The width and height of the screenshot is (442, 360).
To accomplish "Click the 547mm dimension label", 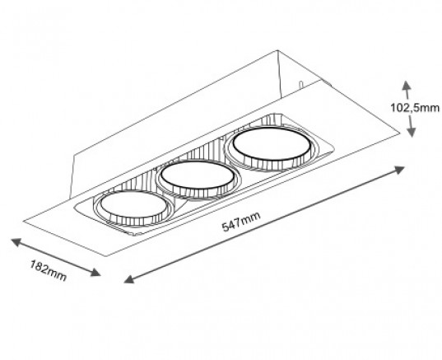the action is pos(241,222).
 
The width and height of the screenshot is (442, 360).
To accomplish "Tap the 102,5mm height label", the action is pos(415,108).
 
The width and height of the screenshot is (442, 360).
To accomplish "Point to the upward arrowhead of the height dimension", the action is pos(406,85).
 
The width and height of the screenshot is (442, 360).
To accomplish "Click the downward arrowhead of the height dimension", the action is pos(412,132).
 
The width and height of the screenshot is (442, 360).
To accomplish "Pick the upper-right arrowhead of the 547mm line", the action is pos(399,170).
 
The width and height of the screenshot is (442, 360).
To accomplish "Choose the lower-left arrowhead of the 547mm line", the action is pos(129,279).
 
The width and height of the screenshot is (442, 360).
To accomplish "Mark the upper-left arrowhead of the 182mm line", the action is pos(16,242).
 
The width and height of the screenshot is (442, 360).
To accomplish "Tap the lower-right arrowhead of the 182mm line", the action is pos(95,272).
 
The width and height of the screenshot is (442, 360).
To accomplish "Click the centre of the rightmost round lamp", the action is pos(272,144).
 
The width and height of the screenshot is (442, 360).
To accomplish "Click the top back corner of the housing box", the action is pos(277,51).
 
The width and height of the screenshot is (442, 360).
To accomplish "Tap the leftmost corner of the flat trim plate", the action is pos(24,221).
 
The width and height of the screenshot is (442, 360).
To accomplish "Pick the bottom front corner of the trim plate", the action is pos(106,256).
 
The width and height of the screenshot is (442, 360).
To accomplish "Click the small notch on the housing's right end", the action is pos(300,84).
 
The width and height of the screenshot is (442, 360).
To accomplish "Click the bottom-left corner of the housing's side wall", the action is pos(70,198).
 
